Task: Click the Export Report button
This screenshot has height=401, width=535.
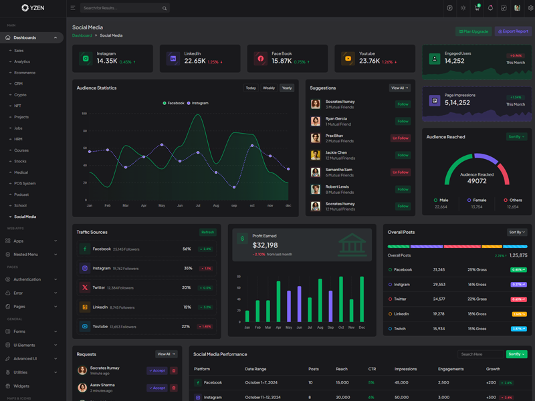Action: pyautogui.click(x=513, y=31)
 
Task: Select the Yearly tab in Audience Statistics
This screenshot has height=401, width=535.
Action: pyautogui.click(x=287, y=88)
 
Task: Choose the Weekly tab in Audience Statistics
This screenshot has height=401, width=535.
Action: pyautogui.click(x=269, y=88)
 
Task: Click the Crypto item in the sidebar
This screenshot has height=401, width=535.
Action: pyautogui.click(x=21, y=95)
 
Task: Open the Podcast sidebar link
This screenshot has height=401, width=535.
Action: pyautogui.click(x=21, y=194)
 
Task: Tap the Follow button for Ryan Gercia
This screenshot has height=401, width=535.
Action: pyautogui.click(x=403, y=121)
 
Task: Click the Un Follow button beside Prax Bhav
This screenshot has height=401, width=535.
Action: pyautogui.click(x=401, y=138)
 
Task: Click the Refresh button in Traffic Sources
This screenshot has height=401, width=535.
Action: pyautogui.click(x=208, y=233)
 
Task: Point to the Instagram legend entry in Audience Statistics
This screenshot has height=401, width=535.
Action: pyautogui.click(x=198, y=103)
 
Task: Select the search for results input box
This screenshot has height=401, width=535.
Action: pyautogui.click(x=120, y=8)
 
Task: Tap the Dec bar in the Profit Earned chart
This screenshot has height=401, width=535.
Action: pyautogui.click(x=362, y=299)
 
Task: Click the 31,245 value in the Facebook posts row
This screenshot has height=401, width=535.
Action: pyautogui.click(x=439, y=269)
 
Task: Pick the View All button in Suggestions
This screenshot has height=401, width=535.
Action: pyautogui.click(x=399, y=88)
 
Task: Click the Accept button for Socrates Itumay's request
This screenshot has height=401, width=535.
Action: pyautogui.click(x=157, y=370)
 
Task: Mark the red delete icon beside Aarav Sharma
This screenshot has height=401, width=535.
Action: pyautogui.click(x=174, y=388)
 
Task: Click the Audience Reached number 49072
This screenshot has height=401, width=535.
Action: pyautogui.click(x=477, y=181)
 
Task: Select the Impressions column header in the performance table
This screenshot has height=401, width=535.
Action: pyautogui.click(x=406, y=369)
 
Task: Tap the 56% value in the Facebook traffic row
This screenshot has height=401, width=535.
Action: pyautogui.click(x=187, y=249)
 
